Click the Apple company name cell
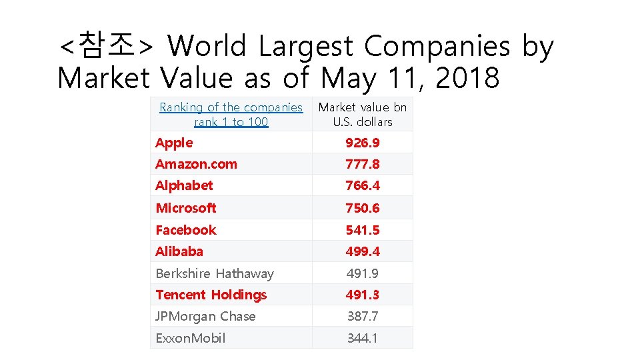[174, 143]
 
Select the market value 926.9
[362, 143]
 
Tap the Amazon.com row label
[196, 164]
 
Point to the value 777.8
[362, 164]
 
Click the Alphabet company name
[184, 186]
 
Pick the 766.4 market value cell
[362, 186]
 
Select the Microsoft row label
[186, 208]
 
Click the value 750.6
[362, 208]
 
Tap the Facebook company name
[186, 230]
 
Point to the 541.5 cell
[362, 230]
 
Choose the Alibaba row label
[179, 251]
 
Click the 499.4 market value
[362, 251]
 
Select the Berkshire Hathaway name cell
[215, 273]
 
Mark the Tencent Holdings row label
[211, 295]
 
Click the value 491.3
[362, 295]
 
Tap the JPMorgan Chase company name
[205, 316]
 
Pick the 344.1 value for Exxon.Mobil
[362, 338]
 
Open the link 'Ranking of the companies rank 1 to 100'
[231, 115]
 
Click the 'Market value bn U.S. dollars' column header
[363, 115]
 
